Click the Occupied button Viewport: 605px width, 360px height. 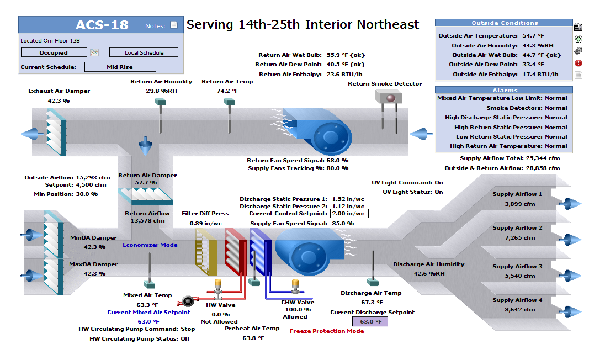click(x=54, y=52)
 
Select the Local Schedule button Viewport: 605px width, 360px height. click(x=144, y=52)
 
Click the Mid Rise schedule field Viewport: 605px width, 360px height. click(x=120, y=67)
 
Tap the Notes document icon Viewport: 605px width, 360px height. click(x=174, y=25)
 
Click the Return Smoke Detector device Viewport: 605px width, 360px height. click(x=389, y=97)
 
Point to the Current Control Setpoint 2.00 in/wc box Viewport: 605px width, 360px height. click(x=349, y=213)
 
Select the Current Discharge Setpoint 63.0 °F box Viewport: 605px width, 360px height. click(x=370, y=321)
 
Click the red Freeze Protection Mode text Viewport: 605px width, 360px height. click(x=327, y=331)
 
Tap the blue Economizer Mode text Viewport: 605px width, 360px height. click(x=150, y=245)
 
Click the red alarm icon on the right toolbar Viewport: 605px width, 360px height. click(x=579, y=63)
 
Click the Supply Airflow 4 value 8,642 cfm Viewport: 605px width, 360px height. click(x=519, y=310)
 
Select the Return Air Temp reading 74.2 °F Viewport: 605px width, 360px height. click(x=227, y=91)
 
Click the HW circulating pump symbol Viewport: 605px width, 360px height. click(x=188, y=301)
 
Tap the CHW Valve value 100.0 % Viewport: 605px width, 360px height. click(x=298, y=309)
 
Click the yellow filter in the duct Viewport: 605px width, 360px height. click(x=206, y=252)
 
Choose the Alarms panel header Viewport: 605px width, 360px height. click(x=504, y=90)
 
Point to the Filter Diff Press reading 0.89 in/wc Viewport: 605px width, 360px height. click(x=205, y=223)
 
